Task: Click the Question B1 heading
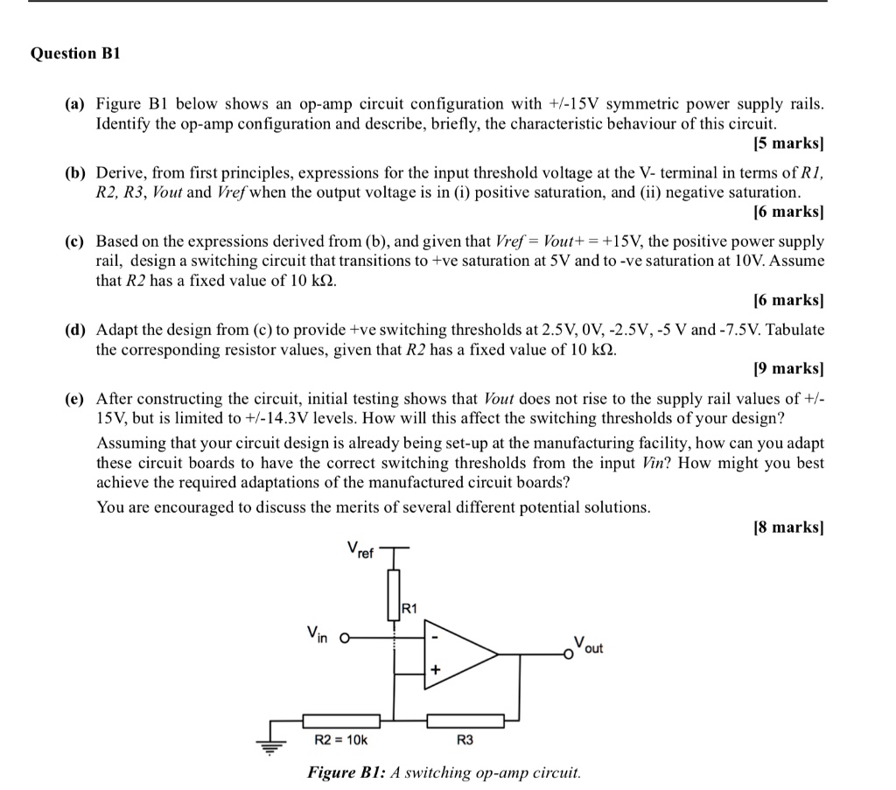[75, 53]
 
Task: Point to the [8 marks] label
[788, 527]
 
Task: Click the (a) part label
[75, 104]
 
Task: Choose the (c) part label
[75, 241]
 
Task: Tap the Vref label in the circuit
[360, 550]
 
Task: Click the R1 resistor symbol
[394, 591]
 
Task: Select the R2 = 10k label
[340, 740]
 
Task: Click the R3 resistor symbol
[465, 721]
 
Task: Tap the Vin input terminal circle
[346, 638]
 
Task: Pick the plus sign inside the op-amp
[435, 669]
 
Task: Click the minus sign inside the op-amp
[435, 637]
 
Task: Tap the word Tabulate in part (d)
[794, 330]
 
